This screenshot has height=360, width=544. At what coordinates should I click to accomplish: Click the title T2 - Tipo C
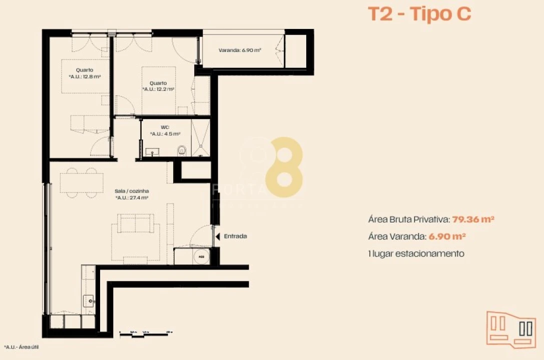click(x=419, y=14)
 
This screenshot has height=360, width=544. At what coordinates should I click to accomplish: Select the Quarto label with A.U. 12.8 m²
click(x=85, y=73)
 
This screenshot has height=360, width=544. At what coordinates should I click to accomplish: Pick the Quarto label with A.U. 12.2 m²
click(x=158, y=86)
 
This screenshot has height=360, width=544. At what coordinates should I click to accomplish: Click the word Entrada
click(x=235, y=236)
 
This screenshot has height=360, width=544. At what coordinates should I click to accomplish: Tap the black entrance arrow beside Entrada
click(x=217, y=236)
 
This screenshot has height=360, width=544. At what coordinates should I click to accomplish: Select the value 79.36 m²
click(x=473, y=219)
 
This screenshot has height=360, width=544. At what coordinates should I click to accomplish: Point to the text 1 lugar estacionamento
click(x=416, y=253)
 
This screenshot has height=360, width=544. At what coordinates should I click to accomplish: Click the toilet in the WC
click(x=182, y=149)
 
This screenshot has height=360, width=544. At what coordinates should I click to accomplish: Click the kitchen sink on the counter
click(x=89, y=300)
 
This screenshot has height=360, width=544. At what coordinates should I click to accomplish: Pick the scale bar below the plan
click(x=146, y=332)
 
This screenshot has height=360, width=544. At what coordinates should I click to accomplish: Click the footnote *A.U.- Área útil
click(x=22, y=346)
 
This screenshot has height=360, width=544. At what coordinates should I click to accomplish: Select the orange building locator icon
click(x=510, y=328)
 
